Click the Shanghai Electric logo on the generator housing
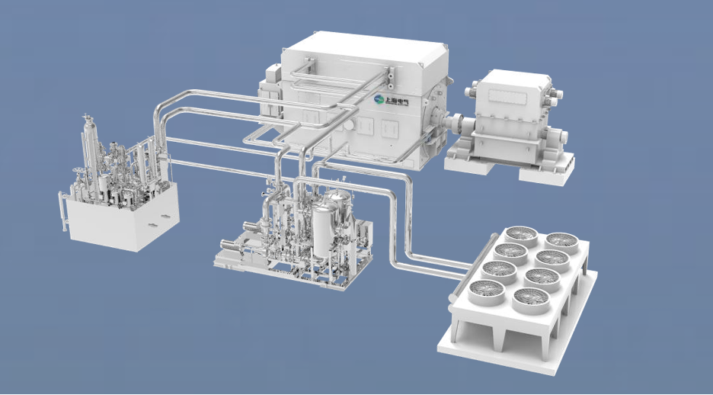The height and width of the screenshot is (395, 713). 391,100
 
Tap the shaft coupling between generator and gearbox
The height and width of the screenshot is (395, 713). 454,124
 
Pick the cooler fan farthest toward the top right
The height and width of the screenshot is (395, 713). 562,242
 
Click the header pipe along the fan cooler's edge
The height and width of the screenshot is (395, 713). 473,266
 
